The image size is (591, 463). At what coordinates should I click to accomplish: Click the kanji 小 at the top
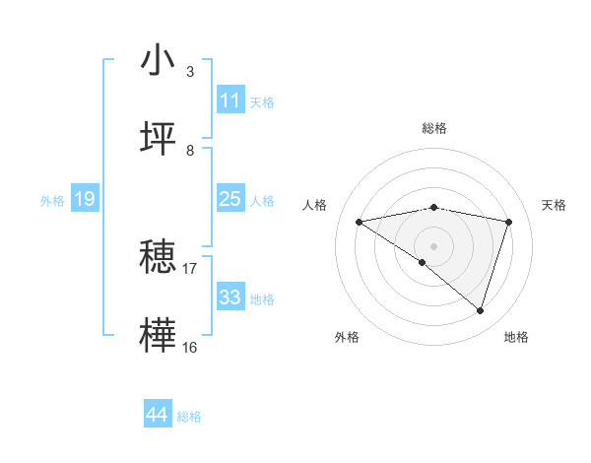click(x=159, y=60)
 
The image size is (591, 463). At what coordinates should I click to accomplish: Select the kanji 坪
click(x=159, y=139)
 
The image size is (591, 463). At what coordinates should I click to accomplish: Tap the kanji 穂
click(x=159, y=257)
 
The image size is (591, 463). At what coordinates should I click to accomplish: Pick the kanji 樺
click(x=159, y=335)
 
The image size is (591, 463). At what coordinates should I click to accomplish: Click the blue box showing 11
click(x=230, y=100)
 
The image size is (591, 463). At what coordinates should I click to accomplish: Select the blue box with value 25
click(x=230, y=199)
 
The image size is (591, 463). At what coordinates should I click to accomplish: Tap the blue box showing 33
click(x=230, y=298)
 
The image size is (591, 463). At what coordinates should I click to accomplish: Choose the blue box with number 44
click(x=157, y=416)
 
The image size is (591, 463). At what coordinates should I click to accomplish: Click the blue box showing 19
click(x=84, y=199)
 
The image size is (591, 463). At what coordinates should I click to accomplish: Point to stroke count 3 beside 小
click(x=189, y=72)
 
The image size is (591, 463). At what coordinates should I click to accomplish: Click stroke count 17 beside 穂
click(x=189, y=268)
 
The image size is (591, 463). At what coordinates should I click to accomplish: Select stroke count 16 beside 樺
click(x=189, y=347)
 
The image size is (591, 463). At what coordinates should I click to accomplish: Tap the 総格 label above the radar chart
click(x=433, y=128)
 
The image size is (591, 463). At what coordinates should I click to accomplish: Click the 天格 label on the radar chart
click(x=554, y=205)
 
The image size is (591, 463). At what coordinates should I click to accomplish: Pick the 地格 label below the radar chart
click(x=516, y=337)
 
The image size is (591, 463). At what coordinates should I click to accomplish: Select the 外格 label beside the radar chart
click(x=347, y=337)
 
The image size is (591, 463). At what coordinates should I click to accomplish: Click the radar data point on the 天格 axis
click(x=508, y=222)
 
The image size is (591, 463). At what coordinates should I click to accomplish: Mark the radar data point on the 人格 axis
click(x=360, y=222)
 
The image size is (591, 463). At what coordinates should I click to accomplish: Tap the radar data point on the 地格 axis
click(x=480, y=310)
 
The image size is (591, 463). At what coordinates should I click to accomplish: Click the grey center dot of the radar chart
click(x=433, y=245)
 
